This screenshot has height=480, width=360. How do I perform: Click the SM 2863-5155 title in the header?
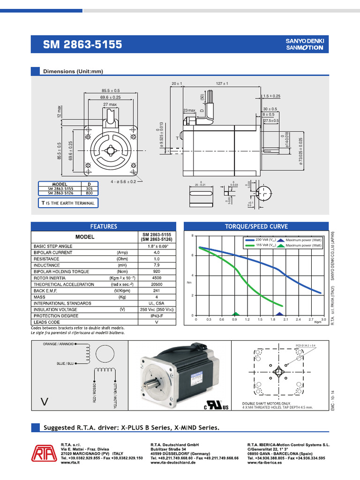[x=82, y=45]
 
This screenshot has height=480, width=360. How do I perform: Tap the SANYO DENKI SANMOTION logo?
[x=305, y=45]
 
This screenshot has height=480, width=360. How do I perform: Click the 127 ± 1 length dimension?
[x=222, y=83]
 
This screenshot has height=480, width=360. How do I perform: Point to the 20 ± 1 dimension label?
[x=176, y=83]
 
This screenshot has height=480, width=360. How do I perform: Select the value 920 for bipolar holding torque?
[x=157, y=271]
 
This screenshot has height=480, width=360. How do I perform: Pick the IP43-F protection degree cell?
[x=157, y=316]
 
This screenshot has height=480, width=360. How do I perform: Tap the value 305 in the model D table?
[x=89, y=188]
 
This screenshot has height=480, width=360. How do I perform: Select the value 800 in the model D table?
[x=89, y=193]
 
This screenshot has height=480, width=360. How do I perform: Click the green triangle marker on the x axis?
[x=236, y=314]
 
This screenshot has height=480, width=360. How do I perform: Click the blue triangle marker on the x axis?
[x=279, y=314]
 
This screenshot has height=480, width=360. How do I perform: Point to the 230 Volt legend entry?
[x=262, y=240]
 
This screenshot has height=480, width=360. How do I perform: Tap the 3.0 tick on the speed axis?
[x=323, y=319]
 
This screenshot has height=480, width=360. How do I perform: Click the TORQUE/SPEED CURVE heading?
[x=256, y=226]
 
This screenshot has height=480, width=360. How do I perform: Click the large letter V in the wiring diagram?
[x=45, y=401]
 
